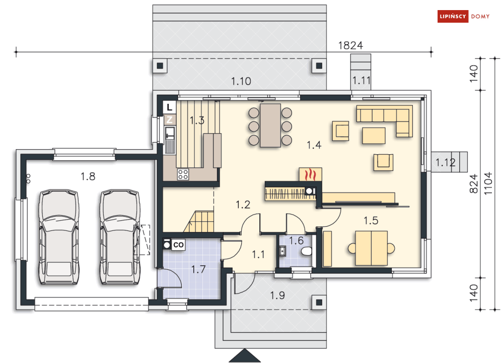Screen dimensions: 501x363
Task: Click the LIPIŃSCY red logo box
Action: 453,16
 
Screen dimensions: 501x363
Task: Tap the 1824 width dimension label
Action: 350,45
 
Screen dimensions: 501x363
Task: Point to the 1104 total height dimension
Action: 488,183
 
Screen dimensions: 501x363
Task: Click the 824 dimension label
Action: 474,184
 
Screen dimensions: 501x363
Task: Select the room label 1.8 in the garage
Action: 88,176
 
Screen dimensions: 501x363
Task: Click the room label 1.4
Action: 314,145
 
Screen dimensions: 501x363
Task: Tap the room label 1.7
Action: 198,269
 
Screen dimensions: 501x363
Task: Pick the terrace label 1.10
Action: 241,81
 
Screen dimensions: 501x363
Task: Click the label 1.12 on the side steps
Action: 446,162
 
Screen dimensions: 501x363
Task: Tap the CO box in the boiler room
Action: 178,245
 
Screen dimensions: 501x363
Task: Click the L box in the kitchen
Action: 169,107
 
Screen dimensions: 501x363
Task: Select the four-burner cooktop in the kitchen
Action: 183,174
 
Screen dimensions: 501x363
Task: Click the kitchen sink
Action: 170,133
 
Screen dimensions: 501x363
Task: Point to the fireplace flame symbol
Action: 310,175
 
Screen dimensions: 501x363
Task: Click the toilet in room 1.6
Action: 306,252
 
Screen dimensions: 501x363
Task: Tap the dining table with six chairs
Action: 270,126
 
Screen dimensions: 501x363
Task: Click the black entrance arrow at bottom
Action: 245,355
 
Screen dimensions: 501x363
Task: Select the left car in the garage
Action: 59,236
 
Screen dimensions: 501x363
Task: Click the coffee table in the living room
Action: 374,136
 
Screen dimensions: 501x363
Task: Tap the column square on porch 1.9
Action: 319,302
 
